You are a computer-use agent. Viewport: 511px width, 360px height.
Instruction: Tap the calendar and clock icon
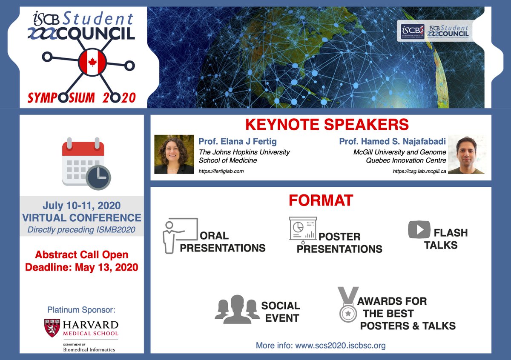pos(86,163)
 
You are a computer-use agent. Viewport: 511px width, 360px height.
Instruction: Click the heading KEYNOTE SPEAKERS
pos(327,125)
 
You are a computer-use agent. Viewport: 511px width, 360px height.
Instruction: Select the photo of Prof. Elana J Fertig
pos(174,154)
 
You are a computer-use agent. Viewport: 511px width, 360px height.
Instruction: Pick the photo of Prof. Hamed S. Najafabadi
pos(466,154)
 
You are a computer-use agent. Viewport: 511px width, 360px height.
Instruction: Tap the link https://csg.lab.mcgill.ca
pos(419,171)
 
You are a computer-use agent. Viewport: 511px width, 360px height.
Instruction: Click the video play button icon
pos(419,230)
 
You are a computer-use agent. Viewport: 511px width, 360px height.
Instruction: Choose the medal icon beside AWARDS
pos(347,306)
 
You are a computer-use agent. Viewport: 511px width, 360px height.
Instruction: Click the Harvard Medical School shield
pos(52,328)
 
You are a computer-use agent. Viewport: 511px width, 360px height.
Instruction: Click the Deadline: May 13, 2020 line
pos(81,268)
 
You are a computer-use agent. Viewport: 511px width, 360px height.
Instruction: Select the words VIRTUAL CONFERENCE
pos(81,218)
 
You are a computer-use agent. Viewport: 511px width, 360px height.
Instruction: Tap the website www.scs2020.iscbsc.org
pos(340,345)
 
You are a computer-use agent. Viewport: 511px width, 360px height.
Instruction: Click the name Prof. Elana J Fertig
pos(240,141)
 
